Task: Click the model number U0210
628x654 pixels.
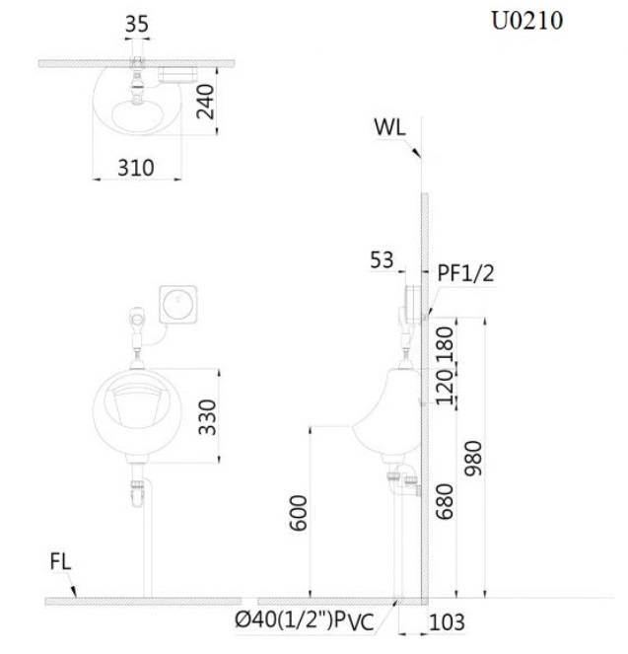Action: [x=527, y=22]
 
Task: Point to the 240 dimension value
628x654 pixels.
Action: [x=205, y=100]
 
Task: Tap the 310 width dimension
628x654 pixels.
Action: [x=136, y=168]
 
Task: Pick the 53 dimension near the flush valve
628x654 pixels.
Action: [x=382, y=259]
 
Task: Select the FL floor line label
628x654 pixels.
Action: [x=60, y=562]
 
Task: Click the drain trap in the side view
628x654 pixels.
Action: [x=401, y=481]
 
